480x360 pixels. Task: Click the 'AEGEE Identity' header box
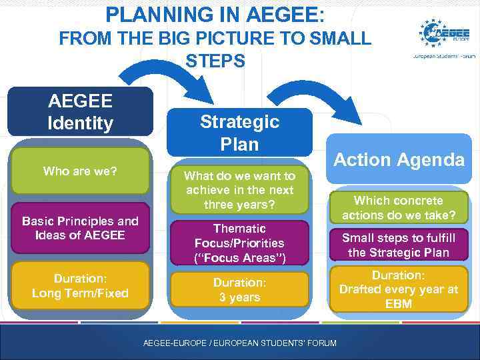[80, 112]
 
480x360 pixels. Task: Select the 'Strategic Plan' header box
[239, 133]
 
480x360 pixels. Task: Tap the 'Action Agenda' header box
[399, 159]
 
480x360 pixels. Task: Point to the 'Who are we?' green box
[80, 171]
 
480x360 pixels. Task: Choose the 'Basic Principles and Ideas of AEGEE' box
[80, 228]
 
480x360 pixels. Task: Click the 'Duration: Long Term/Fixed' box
[80, 285]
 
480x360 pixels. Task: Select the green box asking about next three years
[239, 190]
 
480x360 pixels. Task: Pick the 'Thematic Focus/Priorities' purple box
[239, 243]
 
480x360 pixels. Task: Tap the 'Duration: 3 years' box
[239, 290]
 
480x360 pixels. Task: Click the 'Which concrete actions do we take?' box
[399, 208]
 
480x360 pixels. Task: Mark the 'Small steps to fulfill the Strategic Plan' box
[399, 245]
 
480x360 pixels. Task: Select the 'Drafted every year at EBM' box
[399, 289]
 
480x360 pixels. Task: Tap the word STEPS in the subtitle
[215, 61]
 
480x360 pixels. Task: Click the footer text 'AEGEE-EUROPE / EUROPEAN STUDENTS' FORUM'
[240, 343]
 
